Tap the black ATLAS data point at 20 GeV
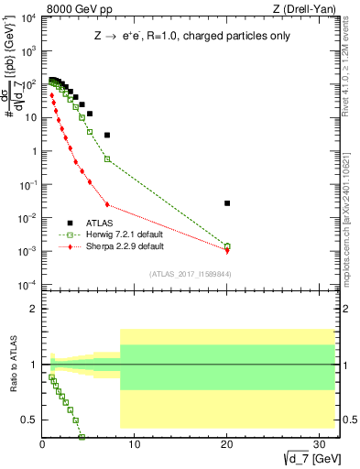click(x=227, y=203)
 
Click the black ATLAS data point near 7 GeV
click(x=107, y=136)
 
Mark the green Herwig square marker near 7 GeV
click(x=107, y=159)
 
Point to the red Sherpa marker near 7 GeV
click(x=107, y=204)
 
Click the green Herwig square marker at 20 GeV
click(x=227, y=245)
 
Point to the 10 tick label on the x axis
click(x=135, y=446)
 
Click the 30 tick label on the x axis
click(x=318, y=446)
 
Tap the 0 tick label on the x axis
click(x=43, y=446)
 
